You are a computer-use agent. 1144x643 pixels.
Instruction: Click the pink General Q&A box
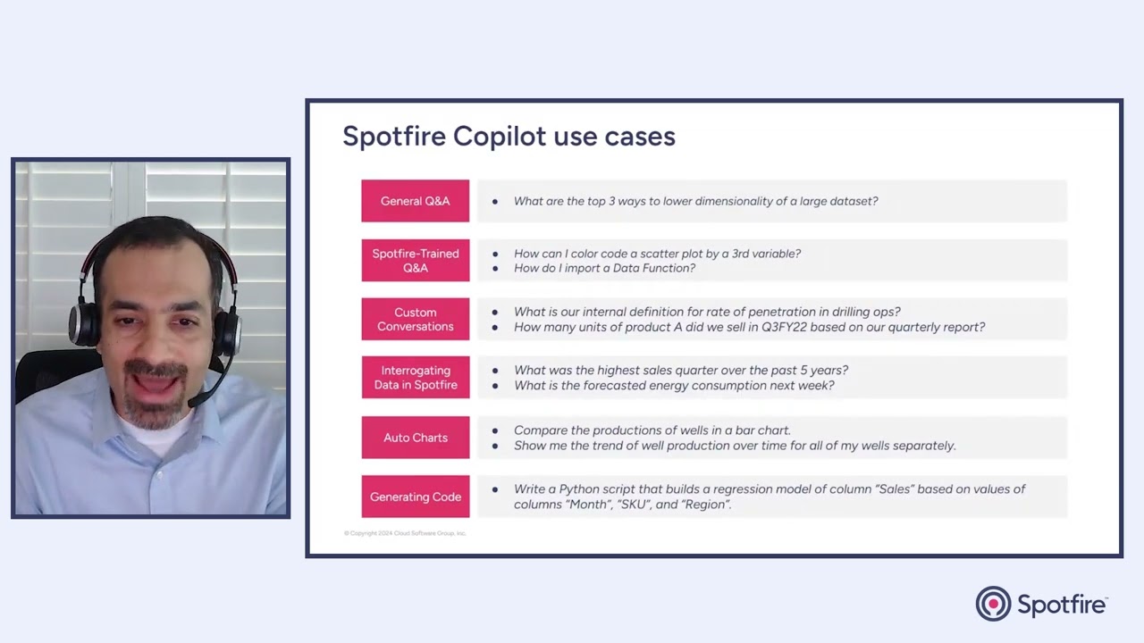[415, 201]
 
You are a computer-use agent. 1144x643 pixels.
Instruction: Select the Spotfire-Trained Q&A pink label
[415, 261]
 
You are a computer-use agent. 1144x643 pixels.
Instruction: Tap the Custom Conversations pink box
[415, 320]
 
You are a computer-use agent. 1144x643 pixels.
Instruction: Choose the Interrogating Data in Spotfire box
[415, 378]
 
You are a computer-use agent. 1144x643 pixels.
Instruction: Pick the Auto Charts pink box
[415, 438]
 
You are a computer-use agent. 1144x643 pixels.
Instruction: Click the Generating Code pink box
[415, 497]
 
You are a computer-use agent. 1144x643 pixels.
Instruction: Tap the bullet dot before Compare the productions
[495, 430]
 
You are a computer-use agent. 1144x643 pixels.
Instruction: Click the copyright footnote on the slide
[405, 533]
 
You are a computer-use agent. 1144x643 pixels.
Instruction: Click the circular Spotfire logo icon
[993, 604]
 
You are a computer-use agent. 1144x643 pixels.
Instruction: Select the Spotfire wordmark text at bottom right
[1062, 605]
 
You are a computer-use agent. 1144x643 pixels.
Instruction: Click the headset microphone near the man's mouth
[200, 399]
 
